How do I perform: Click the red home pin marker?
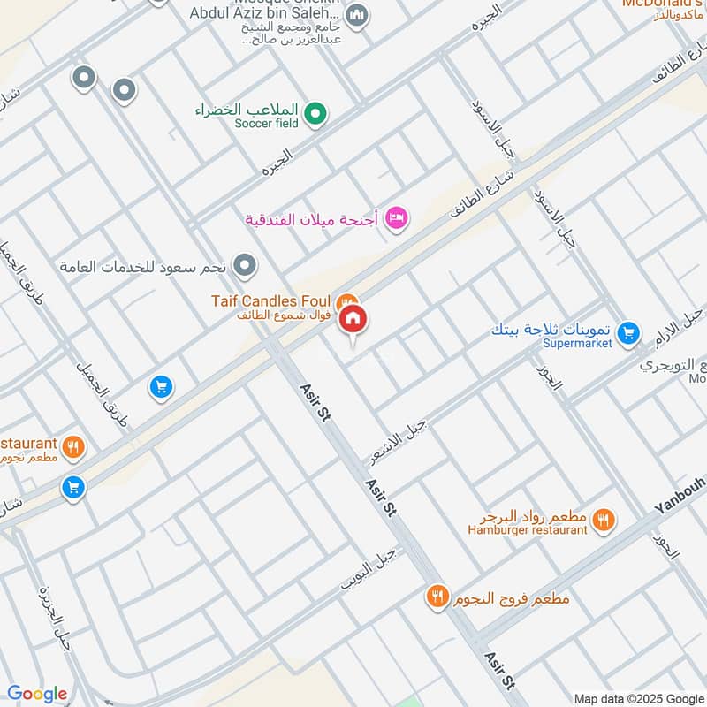353,320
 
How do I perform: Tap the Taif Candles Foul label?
272,301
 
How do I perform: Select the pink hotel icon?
397,217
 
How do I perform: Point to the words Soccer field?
266,124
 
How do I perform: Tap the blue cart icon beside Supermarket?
628,332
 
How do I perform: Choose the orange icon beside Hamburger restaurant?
604,520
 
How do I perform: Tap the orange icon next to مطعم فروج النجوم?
437,597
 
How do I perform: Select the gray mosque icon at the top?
357,15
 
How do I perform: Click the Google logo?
37,694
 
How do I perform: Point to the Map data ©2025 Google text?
638,697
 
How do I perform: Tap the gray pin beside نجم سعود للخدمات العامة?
246,265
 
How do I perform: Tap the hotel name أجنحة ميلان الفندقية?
311,218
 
